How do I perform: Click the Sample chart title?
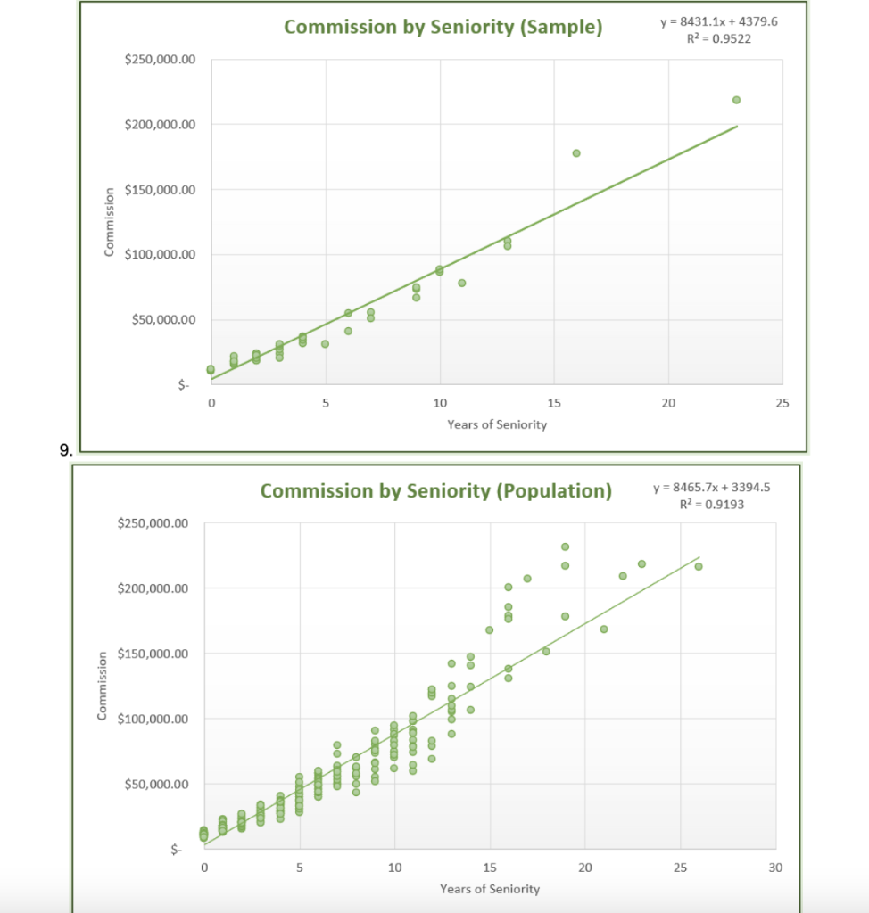[x=443, y=27]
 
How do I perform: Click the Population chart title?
[x=436, y=490]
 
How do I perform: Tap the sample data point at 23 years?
[x=736, y=100]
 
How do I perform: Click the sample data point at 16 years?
[x=576, y=153]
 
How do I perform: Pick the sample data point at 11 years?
[x=462, y=283]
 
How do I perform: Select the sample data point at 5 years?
[x=325, y=343]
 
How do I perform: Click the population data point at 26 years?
[x=699, y=566]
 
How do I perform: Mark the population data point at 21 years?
[x=604, y=629]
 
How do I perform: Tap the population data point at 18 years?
[x=546, y=651]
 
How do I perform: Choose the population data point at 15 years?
[x=489, y=629]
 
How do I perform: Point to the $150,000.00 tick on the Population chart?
[x=153, y=654]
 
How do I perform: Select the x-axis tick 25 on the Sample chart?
[x=782, y=404]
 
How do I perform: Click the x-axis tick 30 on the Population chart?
[x=774, y=868]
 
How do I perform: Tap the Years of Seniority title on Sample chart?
[x=497, y=424]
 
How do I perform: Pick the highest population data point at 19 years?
[x=565, y=547]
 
